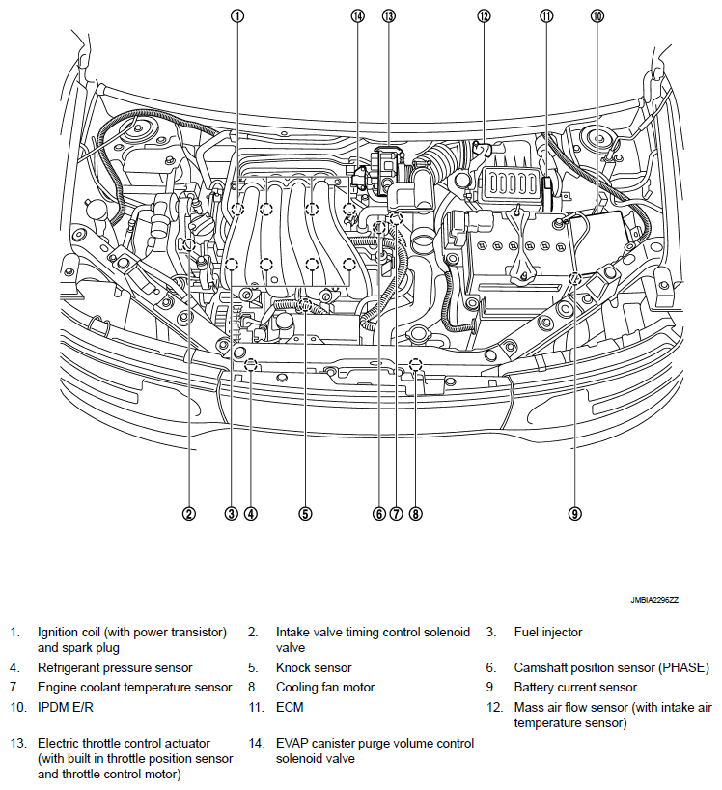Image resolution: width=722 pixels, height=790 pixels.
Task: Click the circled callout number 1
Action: pos(237,15)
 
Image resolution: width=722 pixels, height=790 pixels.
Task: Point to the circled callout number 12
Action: pos(484,15)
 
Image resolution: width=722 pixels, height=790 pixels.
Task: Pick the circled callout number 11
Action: pos(547,15)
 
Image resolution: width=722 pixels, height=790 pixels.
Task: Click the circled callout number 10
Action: pos(597,15)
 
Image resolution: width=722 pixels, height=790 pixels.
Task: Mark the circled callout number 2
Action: pos(189,514)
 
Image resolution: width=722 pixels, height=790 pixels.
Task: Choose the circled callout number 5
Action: pos(305,514)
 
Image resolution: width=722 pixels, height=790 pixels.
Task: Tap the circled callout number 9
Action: pos(574,514)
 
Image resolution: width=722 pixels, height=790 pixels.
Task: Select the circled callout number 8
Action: pos(415,514)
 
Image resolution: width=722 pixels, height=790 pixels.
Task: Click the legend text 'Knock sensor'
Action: pos(314,667)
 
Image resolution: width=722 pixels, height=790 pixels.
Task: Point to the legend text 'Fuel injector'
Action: pos(548,633)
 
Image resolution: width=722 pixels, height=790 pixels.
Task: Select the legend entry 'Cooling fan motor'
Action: pos(325,688)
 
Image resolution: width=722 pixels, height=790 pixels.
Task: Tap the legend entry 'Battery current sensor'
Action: pos(575,688)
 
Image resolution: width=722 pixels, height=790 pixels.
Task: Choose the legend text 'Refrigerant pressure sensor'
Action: pos(115,667)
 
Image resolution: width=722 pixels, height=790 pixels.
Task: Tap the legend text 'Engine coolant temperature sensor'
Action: pos(135,688)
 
